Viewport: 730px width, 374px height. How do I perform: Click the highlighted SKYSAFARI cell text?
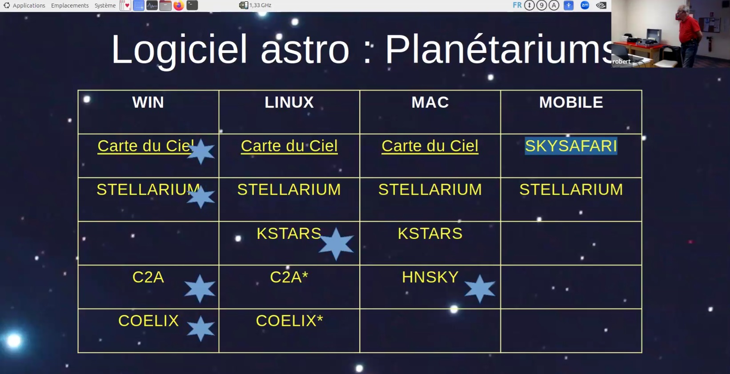pyautogui.click(x=571, y=146)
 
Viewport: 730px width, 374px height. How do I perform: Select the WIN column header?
pyautogui.click(x=148, y=102)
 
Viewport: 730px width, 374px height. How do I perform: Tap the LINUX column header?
pyautogui.click(x=289, y=102)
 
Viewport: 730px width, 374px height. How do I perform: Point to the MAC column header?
pyautogui.click(x=430, y=102)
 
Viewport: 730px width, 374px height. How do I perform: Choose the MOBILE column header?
pyautogui.click(x=571, y=102)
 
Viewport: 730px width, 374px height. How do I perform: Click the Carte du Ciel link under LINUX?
pyautogui.click(x=289, y=146)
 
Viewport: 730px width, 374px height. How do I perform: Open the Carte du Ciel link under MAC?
pyautogui.click(x=430, y=146)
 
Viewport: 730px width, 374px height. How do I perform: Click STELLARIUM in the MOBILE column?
pyautogui.click(x=571, y=189)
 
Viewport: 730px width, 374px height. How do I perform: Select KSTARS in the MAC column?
pyautogui.click(x=430, y=233)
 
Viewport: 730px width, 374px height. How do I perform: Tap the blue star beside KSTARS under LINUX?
pyautogui.click(x=336, y=244)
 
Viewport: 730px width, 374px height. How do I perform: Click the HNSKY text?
pyautogui.click(x=430, y=277)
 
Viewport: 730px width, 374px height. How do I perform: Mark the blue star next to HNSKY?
pyautogui.click(x=480, y=289)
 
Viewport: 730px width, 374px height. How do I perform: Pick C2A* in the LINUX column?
pyautogui.click(x=289, y=277)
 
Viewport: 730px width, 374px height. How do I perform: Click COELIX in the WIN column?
pyautogui.click(x=148, y=321)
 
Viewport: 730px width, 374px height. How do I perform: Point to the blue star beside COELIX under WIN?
pyautogui.click(x=201, y=328)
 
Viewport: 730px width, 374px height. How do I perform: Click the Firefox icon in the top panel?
pyautogui.click(x=179, y=5)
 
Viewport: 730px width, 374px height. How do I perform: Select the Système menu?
pyautogui.click(x=105, y=5)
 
